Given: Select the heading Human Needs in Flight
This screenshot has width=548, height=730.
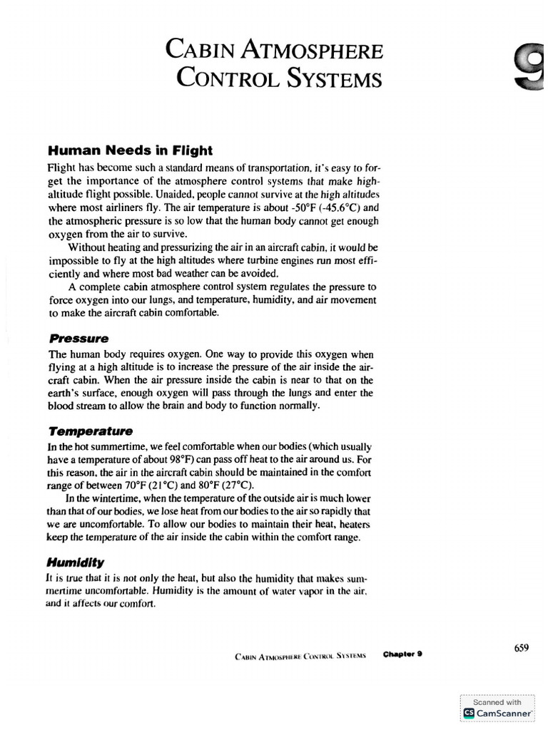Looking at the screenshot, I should (x=130, y=150).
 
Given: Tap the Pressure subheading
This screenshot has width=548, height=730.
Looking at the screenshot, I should (x=78, y=339).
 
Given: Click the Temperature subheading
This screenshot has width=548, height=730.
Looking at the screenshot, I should (x=90, y=431).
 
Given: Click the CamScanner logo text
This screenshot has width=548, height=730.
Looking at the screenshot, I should (x=498, y=712).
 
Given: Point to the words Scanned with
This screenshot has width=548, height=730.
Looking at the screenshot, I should (x=497, y=701).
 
